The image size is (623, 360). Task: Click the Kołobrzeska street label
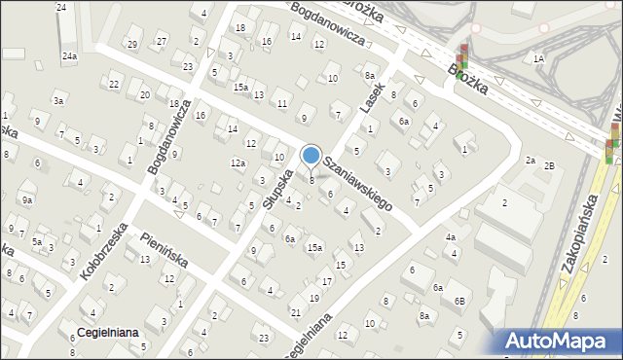tap(104, 251)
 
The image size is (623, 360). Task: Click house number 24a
tap(69, 56)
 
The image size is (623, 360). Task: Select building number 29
tap(131, 44)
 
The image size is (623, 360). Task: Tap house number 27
tap(162, 40)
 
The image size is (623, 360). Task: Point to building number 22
tap(114, 85)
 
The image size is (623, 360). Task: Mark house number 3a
tap(58, 101)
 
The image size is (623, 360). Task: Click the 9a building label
tap(28, 200)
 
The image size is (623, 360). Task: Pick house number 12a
tap(238, 163)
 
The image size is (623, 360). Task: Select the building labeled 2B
tap(549, 166)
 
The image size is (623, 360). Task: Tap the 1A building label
tap(538, 58)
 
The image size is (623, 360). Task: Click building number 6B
tap(458, 302)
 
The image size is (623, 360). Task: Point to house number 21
tap(295, 312)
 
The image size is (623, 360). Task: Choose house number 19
tap(313, 298)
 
